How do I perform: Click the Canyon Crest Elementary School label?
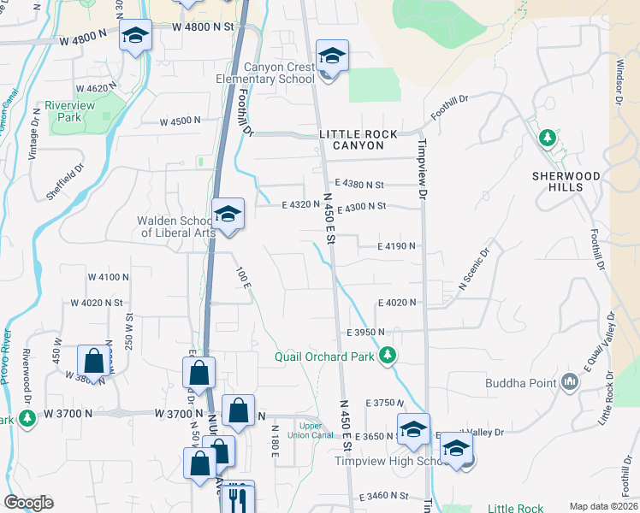point(280,73)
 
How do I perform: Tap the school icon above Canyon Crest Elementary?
point(332,57)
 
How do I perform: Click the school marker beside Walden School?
point(228,215)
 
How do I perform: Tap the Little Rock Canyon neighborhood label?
point(358,140)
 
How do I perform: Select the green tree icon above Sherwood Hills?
point(547,137)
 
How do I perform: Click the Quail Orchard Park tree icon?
point(388,354)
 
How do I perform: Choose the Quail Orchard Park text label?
point(324,357)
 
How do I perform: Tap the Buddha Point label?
point(521,383)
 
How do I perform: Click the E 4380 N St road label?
point(360,184)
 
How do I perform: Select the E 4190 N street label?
point(397,246)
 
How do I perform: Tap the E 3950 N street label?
point(366,332)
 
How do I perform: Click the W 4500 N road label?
point(180,121)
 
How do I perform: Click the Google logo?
point(28,503)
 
